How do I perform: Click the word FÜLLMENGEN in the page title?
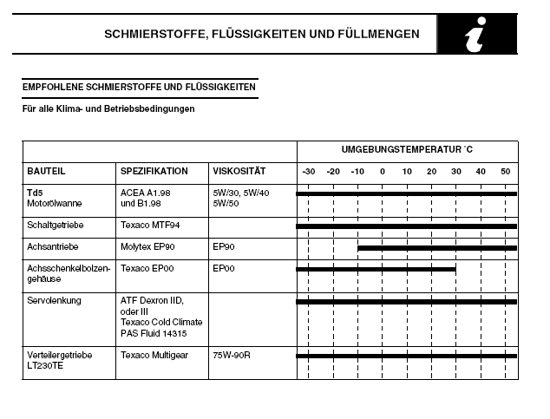(378, 35)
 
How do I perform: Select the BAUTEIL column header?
(46, 172)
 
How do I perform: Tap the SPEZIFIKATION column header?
(154, 172)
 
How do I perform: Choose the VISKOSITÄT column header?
(239, 172)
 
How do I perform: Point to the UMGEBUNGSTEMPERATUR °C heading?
(407, 149)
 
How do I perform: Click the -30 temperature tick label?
(308, 172)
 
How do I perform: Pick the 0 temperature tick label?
(383, 172)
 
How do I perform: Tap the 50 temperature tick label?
(506, 172)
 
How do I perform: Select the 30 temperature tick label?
(456, 172)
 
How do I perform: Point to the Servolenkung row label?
(53, 300)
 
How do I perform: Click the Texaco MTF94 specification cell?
(151, 225)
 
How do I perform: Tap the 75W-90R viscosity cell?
(231, 355)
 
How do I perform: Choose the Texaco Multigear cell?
(155, 355)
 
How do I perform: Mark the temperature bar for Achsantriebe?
(437, 248)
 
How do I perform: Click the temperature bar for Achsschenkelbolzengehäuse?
(376, 269)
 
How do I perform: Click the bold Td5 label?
(35, 192)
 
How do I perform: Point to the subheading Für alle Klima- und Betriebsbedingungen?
(108, 109)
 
